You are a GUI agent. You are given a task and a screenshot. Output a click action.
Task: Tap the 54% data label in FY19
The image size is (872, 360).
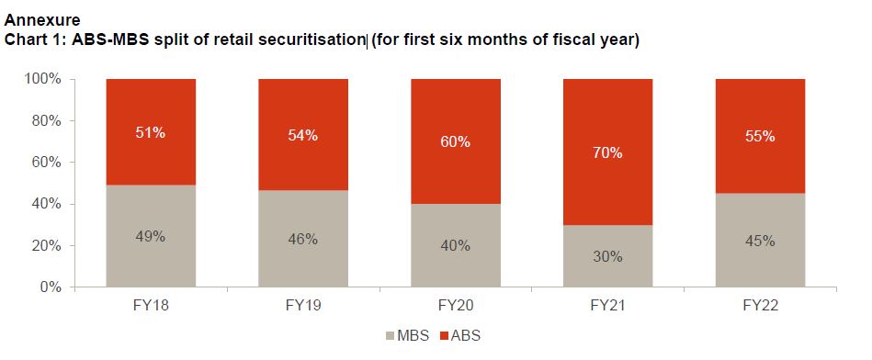coord(303,135)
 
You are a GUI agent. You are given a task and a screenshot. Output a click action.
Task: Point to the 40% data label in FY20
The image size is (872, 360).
coord(455,244)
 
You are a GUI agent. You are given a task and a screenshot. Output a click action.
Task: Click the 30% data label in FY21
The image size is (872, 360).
coord(607,256)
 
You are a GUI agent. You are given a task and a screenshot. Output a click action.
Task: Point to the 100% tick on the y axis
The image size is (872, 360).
coord(42,79)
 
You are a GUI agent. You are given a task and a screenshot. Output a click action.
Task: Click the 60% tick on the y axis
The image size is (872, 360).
coord(46,163)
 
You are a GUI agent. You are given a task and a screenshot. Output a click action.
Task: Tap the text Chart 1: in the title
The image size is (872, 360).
coord(35,40)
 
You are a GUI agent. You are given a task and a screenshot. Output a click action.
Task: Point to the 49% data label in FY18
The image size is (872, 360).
coord(151,236)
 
